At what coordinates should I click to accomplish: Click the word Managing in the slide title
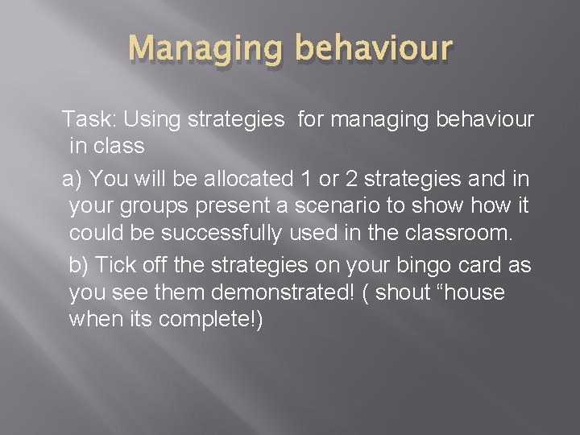click(x=205, y=48)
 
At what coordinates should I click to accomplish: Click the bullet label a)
click(x=73, y=177)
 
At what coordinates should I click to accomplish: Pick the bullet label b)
click(x=81, y=264)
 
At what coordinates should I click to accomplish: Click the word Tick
click(x=117, y=264)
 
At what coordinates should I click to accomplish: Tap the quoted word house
click(x=476, y=293)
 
